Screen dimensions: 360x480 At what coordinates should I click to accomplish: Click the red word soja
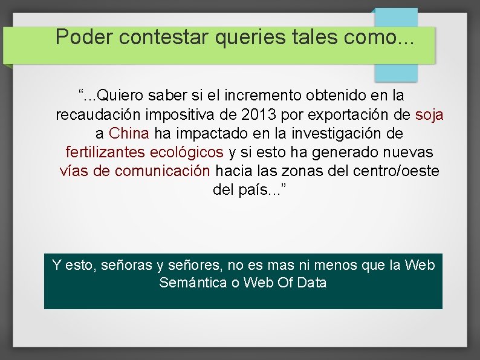429,114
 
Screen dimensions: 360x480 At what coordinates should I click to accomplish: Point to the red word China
129,133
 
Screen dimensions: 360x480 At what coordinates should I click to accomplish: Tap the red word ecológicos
189,152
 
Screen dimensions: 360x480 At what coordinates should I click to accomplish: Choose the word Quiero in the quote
119,96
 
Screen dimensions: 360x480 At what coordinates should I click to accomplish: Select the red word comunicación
163,171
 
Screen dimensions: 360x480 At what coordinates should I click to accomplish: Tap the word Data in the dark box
313,283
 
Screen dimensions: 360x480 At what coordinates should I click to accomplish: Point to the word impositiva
193,114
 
